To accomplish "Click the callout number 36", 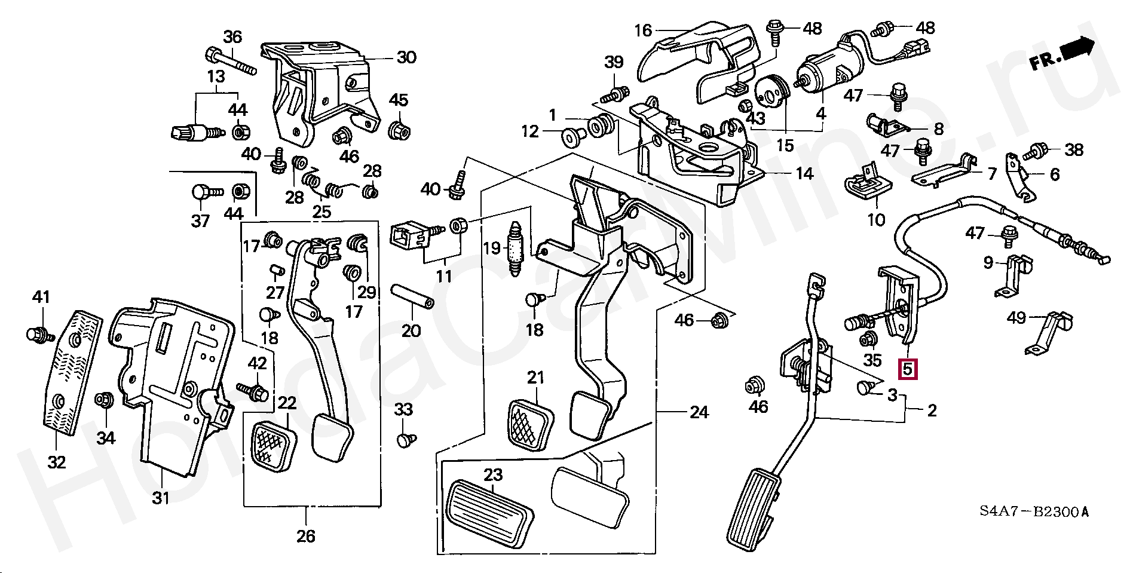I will (x=232, y=36).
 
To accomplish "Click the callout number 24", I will (x=699, y=412).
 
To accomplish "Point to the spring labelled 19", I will (x=515, y=249).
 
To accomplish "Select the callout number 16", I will (x=642, y=30).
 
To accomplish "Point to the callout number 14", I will (x=804, y=174).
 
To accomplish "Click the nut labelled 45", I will (x=399, y=129).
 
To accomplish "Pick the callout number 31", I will (x=160, y=498).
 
